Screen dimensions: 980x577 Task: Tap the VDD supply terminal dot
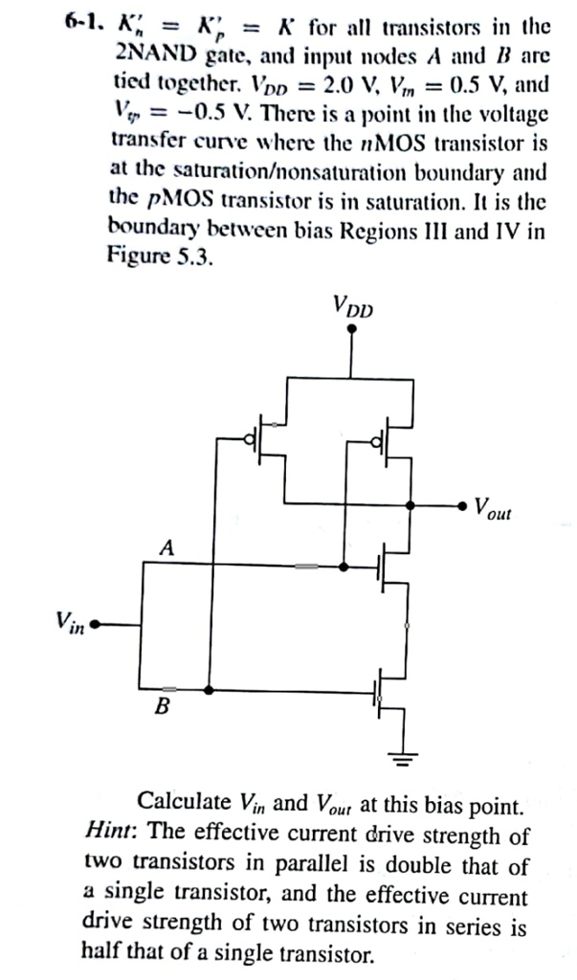353,328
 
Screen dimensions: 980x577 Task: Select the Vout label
493,507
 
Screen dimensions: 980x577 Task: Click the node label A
167,547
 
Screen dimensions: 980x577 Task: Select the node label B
163,708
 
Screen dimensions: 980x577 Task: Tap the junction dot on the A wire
344,567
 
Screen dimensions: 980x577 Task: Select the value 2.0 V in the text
348,85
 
